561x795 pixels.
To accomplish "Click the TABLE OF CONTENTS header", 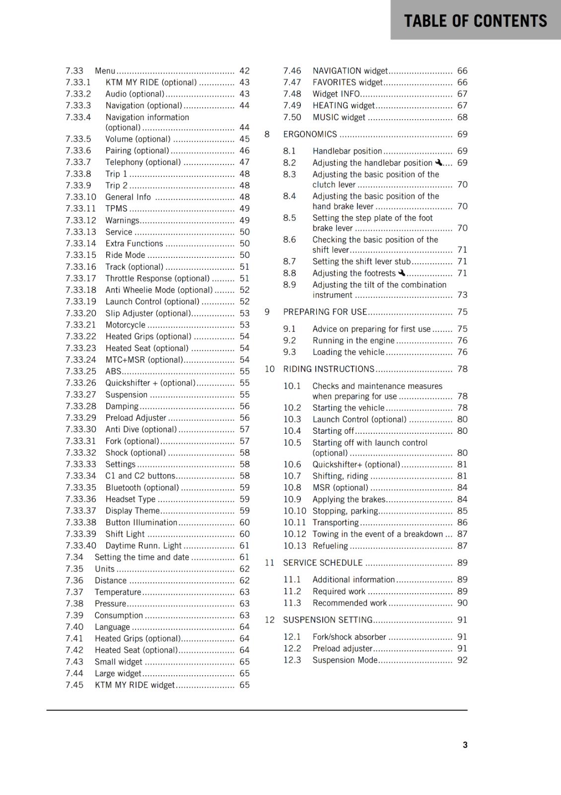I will pos(475,21).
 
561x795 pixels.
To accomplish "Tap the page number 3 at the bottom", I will pos(465,745).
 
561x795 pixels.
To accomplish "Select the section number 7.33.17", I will pos(80,278).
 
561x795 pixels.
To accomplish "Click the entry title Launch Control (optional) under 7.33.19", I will pos(152,302).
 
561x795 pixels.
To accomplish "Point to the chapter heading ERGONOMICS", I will pos(310,134).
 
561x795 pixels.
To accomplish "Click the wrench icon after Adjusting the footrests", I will pos(402,273).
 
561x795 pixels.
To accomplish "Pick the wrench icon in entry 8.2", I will pos(438,162).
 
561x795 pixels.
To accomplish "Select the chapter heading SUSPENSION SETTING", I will pos(328,620).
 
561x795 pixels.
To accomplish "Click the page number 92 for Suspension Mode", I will pos(462,660).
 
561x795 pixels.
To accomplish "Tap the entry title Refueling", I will pos(330,546).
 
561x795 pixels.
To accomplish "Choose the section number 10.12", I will pos(295,534).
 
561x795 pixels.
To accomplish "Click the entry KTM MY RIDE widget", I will pos(135,685).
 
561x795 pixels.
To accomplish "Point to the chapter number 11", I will pos(269,562).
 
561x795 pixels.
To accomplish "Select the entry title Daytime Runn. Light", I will pos(143,546).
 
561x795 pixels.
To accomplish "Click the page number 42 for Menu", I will pos(244,71).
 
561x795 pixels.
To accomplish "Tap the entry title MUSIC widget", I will pos(339,117).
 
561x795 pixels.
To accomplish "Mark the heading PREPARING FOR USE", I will pos(325,312).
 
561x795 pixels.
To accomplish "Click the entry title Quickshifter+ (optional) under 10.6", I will pos(356,465).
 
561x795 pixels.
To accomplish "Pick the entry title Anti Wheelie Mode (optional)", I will pos(159,290).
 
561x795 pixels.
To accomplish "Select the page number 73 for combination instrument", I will pos(462,295).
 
